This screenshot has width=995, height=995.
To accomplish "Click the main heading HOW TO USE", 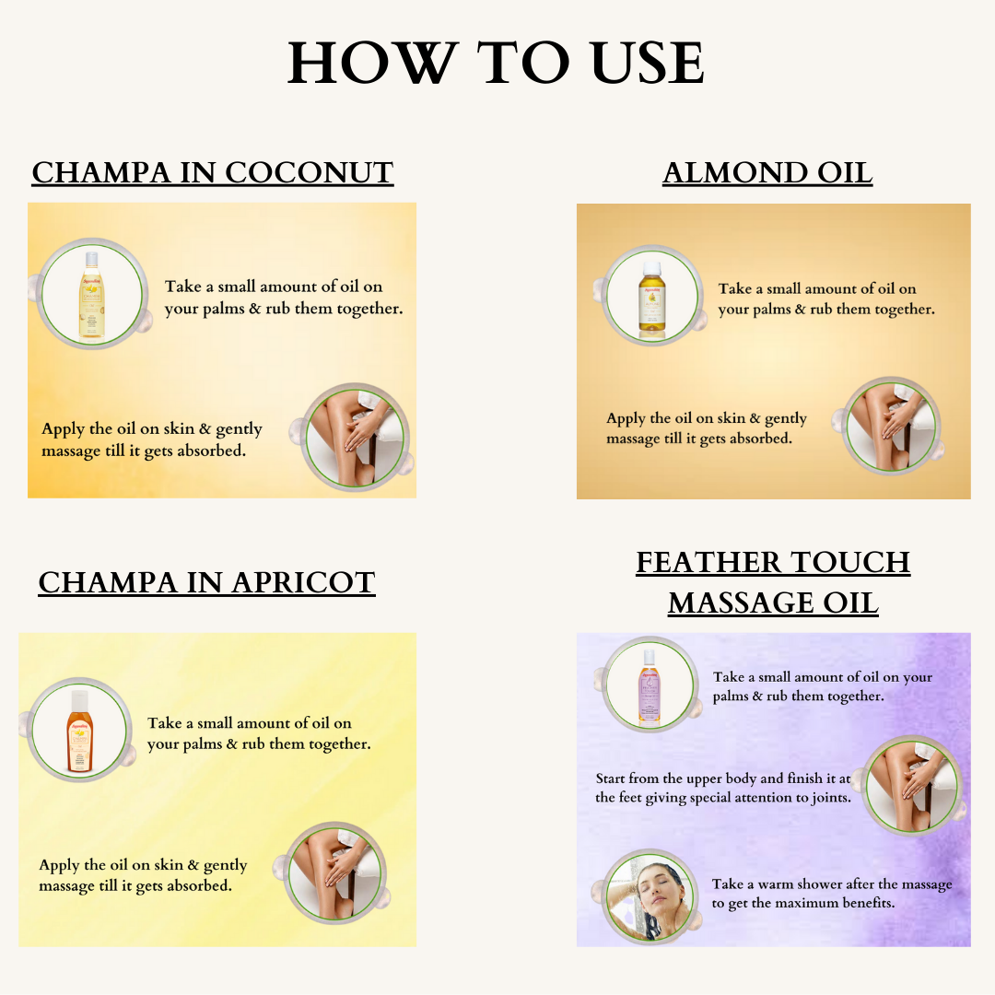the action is point(496,63).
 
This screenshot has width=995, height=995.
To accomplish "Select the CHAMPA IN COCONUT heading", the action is point(213,172).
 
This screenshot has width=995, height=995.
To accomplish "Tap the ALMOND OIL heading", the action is point(767,172).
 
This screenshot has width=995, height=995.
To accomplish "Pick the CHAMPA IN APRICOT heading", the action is point(207,582).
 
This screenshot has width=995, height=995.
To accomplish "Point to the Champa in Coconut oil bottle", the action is point(92,295).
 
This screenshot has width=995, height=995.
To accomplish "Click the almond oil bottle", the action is point(651,297).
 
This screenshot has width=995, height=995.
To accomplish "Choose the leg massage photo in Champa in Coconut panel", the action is point(355,437).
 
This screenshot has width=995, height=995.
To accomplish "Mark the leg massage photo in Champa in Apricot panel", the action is point(335,873).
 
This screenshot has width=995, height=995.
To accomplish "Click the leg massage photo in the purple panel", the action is point(912,786).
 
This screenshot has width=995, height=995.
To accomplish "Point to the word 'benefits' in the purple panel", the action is point(868,902).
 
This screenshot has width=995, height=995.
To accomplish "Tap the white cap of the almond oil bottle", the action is point(651,269).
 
